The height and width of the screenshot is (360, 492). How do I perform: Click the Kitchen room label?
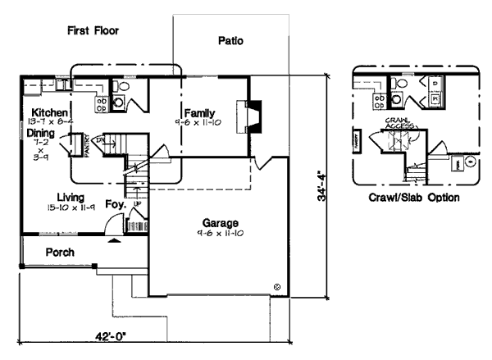[x=49, y=112]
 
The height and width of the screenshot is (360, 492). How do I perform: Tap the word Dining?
[x=41, y=132]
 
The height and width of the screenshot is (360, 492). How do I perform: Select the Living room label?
[x=75, y=196]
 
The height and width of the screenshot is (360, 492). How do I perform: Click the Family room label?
[x=201, y=112]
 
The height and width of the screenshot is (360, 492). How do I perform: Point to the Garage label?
[x=220, y=223]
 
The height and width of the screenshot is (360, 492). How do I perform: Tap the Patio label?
[x=230, y=40]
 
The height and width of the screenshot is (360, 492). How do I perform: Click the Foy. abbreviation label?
[x=116, y=204]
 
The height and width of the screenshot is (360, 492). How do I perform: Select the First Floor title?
[x=93, y=30]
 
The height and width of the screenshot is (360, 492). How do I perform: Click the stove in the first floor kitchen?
[x=102, y=102]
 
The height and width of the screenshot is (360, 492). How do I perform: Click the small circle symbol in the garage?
[x=277, y=286]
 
